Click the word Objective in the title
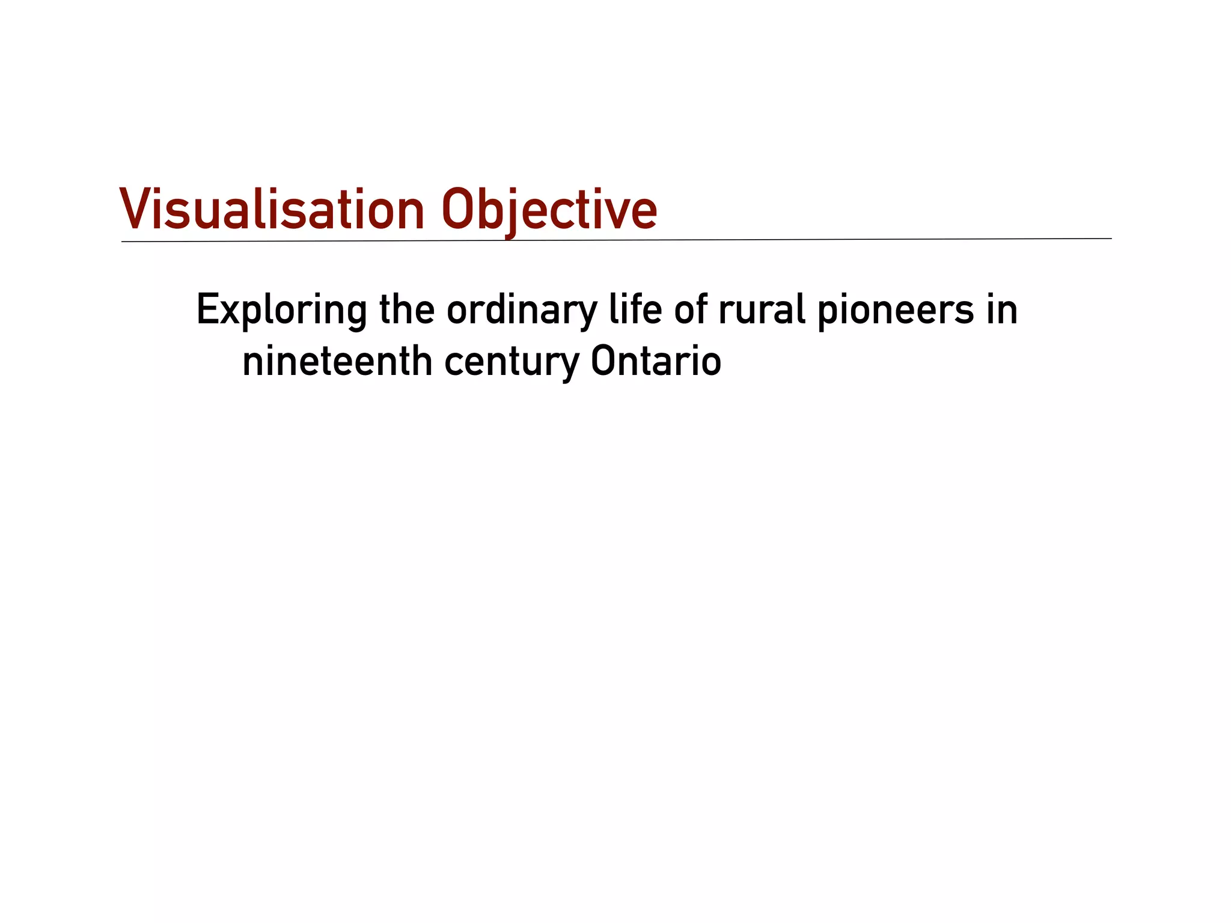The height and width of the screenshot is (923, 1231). (549, 210)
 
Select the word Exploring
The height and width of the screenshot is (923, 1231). (281, 311)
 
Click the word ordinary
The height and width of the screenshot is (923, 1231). (522, 311)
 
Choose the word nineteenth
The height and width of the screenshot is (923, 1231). (337, 362)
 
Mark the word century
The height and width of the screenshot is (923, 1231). (512, 363)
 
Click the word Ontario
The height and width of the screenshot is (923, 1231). (656, 362)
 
